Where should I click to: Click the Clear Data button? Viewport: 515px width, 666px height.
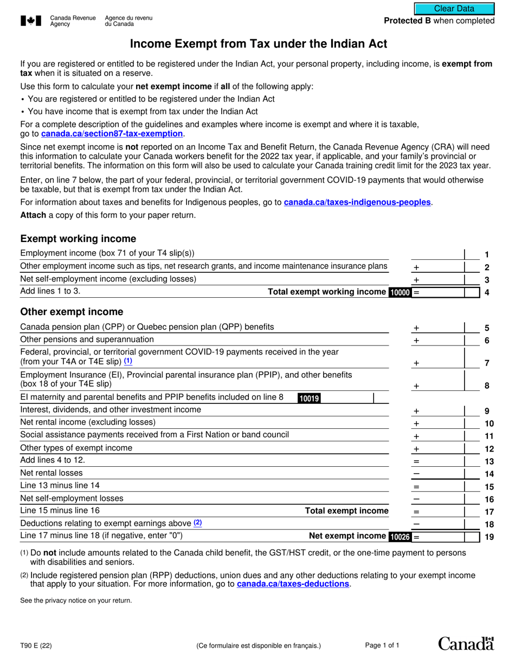tap(454, 9)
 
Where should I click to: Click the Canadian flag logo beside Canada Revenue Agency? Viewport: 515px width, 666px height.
tap(31, 21)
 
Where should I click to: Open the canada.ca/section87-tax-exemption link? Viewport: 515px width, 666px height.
tap(112, 134)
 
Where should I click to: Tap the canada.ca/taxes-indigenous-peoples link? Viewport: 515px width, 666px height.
tap(357, 203)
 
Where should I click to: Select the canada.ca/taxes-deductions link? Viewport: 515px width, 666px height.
tap(293, 584)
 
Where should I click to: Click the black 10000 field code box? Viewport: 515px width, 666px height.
tap(400, 293)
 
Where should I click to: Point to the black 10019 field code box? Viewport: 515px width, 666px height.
tap(309, 399)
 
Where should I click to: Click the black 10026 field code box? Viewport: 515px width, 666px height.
tap(400, 537)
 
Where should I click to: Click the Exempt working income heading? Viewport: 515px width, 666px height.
tap(78, 239)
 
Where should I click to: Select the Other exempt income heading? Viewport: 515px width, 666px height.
tap(72, 312)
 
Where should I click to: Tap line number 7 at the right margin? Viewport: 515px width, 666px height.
tap(487, 363)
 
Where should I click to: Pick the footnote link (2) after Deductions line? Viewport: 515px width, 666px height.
tap(197, 523)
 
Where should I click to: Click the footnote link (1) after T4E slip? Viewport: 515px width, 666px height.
tap(128, 361)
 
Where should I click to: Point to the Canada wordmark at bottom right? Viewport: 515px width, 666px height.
tap(466, 643)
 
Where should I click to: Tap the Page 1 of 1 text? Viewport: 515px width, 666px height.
tap(382, 645)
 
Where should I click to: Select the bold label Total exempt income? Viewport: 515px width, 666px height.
tap(346, 511)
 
